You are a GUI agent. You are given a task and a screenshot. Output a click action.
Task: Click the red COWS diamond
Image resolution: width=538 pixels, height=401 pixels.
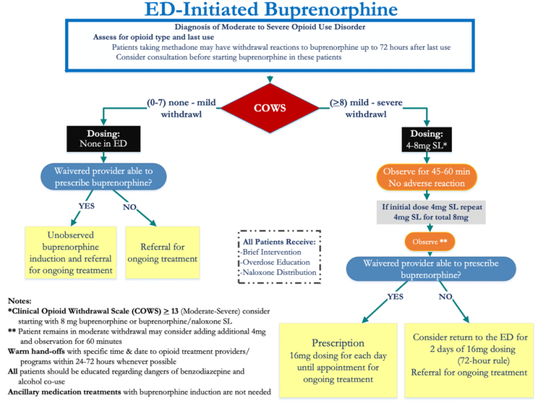tap(269, 109)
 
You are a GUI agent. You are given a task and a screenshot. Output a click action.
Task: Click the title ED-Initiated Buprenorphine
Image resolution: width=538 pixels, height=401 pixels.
tap(270, 10)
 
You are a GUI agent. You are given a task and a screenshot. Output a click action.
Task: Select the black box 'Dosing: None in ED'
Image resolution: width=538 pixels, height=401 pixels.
tap(103, 139)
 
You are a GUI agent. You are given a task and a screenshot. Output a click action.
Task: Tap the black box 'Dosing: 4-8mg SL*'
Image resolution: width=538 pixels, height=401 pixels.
tap(427, 139)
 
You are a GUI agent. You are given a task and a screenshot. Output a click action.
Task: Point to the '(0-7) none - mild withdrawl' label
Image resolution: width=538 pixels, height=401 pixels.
tap(181, 108)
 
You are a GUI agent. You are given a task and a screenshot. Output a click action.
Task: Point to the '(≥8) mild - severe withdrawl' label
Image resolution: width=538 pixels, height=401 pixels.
tap(366, 108)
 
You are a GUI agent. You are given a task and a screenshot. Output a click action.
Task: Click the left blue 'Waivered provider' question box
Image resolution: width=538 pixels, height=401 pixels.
tap(103, 176)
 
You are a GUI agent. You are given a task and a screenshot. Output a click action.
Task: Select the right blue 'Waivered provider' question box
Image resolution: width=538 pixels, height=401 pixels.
tap(430, 269)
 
